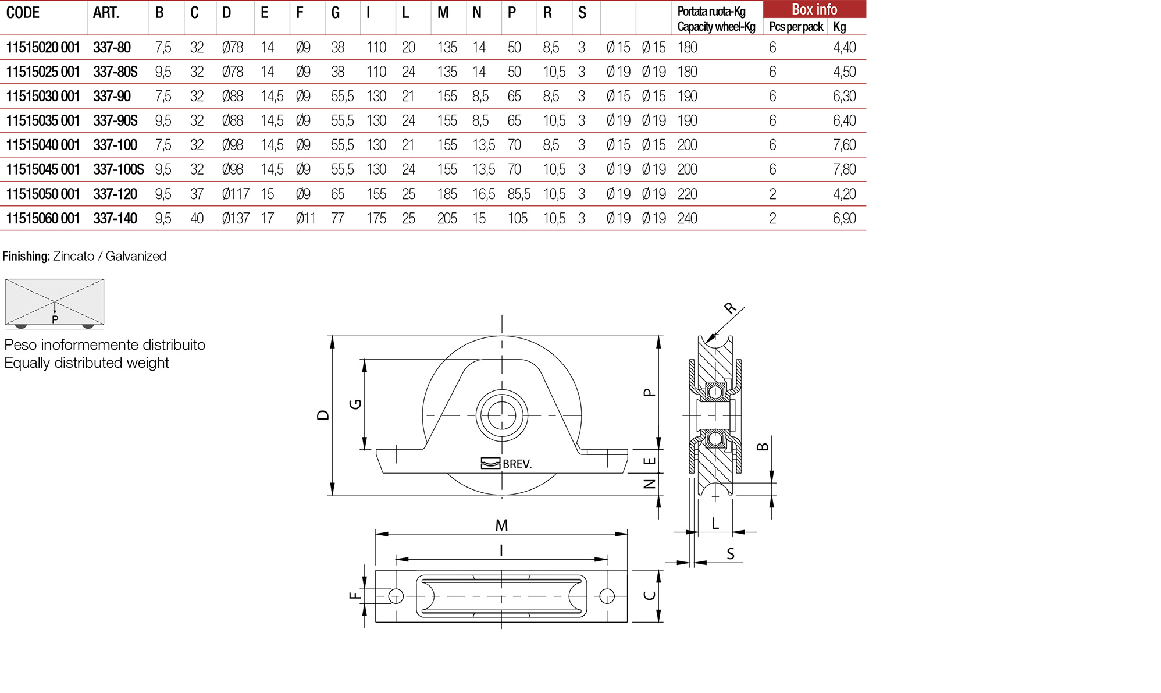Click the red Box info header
[x=814, y=9]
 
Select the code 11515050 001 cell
[x=42, y=194]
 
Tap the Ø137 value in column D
[x=236, y=218]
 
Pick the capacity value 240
[x=687, y=218]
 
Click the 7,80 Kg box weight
[x=844, y=169]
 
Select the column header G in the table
[x=336, y=13]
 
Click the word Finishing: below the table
[x=26, y=256]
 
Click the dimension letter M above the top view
[x=501, y=525]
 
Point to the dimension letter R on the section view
[x=731, y=308]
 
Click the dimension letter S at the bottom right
[x=731, y=554]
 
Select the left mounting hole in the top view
[x=396, y=596]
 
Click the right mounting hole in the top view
[x=607, y=596]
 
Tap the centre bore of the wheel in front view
[x=501, y=415]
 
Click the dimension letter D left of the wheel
[x=323, y=415]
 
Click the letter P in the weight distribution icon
[x=55, y=319]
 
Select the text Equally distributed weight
[x=87, y=363]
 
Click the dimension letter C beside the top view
[x=650, y=595]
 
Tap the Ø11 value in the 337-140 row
[x=305, y=218]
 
